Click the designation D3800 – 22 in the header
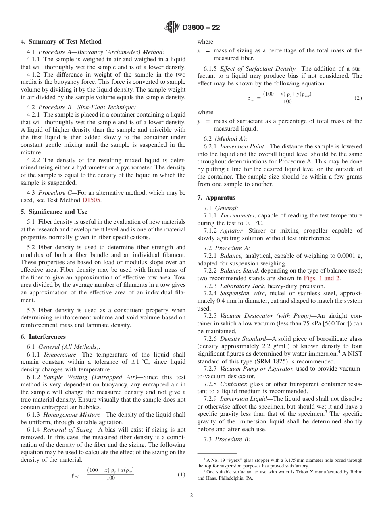coord(201,28)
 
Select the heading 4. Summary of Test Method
coord(61,42)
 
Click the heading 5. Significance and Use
coord(54,212)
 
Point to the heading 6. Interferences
coord(43,337)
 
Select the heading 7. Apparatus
coord(217,198)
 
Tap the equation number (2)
coord(358,98)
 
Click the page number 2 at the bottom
coord(191,496)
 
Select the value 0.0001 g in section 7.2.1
coord(348,256)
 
